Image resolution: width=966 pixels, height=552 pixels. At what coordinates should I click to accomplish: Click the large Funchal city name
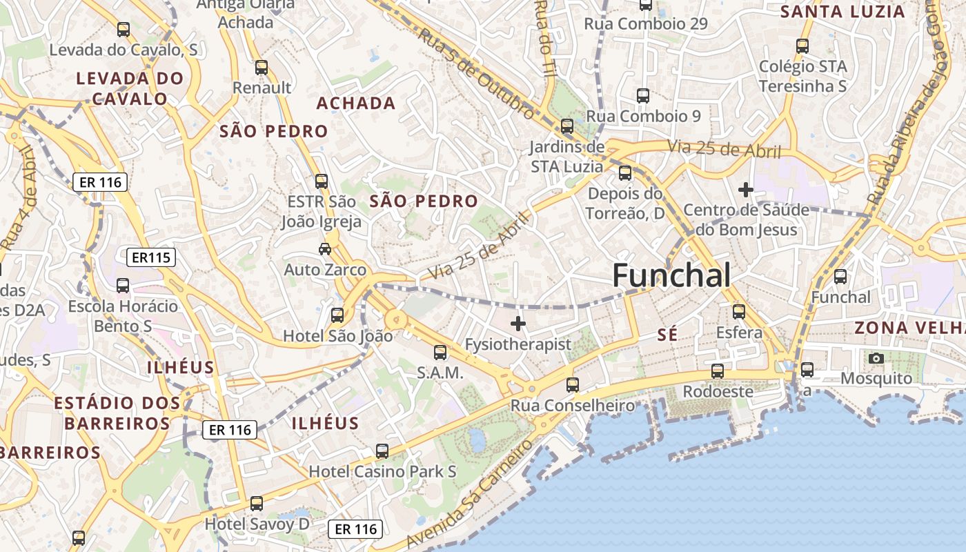coord(671,276)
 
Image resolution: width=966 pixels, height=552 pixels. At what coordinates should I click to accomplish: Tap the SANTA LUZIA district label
coord(842,12)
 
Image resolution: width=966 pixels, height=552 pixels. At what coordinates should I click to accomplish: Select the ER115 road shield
coord(151,257)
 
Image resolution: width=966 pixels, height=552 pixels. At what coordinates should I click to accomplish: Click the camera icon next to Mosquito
coord(876,358)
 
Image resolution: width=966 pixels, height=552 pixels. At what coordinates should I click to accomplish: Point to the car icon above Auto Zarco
coord(324,248)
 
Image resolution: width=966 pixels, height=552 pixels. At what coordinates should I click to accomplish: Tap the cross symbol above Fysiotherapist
coord(518,323)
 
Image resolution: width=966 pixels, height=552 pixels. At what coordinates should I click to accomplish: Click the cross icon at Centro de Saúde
coord(745,189)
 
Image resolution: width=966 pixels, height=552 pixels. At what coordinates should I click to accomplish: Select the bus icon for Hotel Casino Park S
coord(382,451)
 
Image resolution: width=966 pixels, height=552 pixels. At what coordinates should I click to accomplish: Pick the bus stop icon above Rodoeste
coord(718,371)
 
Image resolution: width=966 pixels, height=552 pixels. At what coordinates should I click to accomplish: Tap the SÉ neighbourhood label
coord(667,335)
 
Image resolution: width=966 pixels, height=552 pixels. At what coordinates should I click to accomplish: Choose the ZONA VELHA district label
coord(909,328)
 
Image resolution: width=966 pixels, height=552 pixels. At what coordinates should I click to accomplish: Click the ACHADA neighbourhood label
coord(355,103)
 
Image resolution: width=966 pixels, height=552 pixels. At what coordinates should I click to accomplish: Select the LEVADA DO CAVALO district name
coord(130,88)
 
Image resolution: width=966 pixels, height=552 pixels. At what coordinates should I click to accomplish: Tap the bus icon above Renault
coord(262,68)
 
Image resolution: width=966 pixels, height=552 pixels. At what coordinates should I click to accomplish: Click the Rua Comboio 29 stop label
coord(645,24)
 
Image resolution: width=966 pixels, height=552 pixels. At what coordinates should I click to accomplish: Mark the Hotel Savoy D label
coord(257,524)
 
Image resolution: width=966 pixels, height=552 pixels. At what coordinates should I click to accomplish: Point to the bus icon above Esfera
coord(739,312)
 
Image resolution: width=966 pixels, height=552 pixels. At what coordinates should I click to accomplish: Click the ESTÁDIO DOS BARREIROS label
coord(117,413)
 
